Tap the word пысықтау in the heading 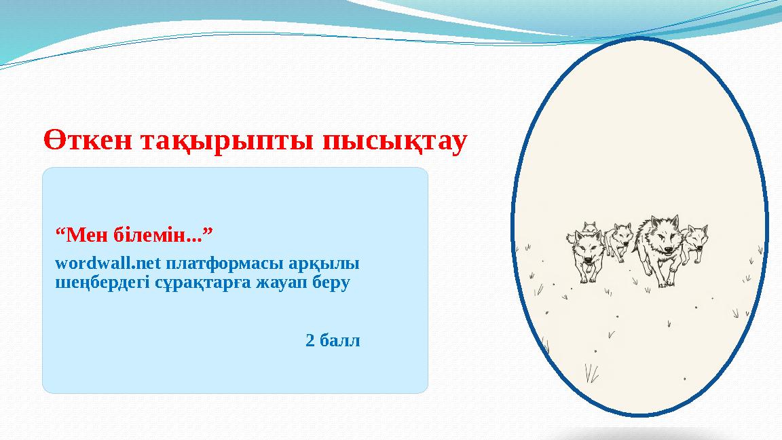394,141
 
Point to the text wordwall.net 107,263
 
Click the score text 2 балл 333,340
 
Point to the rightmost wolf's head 695,238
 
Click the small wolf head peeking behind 590,227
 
